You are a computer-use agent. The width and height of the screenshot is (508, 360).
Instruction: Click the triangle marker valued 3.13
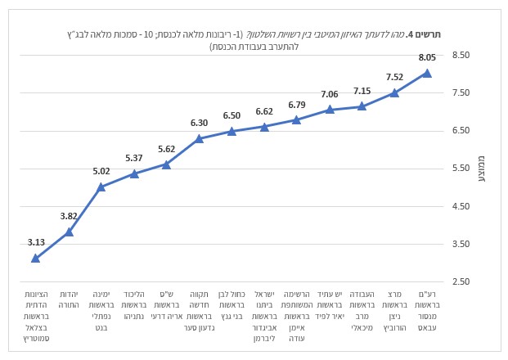pos(36,258)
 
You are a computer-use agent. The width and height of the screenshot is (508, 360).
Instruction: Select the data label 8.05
pos(427,58)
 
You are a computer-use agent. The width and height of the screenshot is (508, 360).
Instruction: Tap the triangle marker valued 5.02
pos(101,187)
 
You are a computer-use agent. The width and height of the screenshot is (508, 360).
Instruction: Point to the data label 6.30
pos(199,123)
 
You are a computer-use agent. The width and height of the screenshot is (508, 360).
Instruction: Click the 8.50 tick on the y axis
pos(461,56)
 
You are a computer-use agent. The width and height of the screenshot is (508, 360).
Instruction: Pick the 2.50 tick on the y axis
pos(461,281)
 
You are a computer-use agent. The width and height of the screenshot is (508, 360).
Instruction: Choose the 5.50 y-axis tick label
pos(461,169)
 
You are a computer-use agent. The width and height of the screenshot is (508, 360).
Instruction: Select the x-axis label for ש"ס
pos(167,304)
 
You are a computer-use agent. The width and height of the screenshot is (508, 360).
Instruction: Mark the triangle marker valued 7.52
pos(394,92)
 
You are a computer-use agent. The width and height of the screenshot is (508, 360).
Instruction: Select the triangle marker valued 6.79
pos(297,120)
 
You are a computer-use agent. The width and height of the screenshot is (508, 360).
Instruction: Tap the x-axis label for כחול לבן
pos(232,304)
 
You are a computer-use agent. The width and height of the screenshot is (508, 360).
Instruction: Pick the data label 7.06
pos(329,94)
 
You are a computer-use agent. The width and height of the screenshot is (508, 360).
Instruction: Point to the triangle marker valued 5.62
pos(167,164)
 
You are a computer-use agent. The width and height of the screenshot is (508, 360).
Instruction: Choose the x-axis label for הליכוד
pos(134,304)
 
